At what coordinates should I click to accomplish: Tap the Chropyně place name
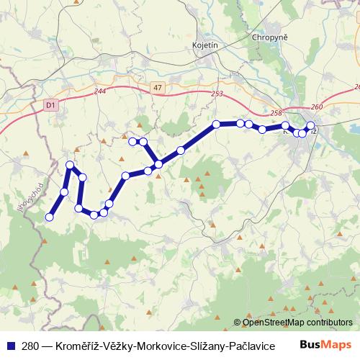270,37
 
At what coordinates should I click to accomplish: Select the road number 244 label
99,92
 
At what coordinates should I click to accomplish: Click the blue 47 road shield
158,87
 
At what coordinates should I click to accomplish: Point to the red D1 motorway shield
50,105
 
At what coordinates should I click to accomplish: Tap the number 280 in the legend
30,346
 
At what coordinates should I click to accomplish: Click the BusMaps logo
326,345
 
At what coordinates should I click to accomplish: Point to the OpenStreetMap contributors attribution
293,323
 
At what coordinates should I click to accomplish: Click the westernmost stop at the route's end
50,217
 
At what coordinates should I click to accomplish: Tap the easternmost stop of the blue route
311,126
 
